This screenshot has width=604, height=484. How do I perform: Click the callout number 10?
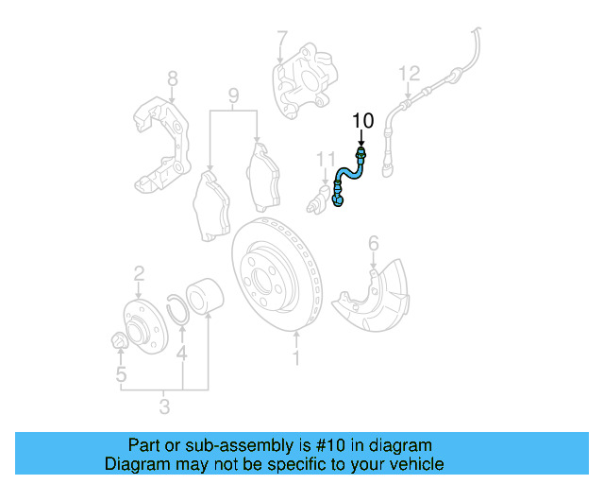point(362,120)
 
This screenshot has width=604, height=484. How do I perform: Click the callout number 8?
point(172,78)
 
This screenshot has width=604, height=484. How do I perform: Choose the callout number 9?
point(233,95)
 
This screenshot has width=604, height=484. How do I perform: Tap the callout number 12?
point(408,73)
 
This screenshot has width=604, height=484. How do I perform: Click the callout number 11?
point(326,158)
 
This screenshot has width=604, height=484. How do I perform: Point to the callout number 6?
point(373,245)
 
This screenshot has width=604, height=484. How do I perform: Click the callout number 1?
point(296,357)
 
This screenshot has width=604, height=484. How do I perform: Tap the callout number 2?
point(139,274)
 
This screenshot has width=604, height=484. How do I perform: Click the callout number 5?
point(121,375)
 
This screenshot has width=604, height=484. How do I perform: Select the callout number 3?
point(164,407)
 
